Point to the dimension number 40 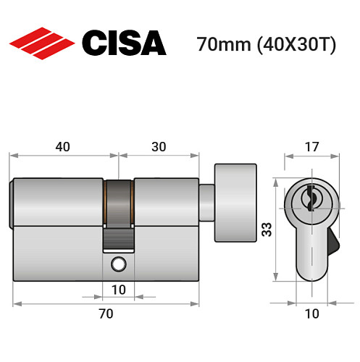click(x=62, y=146)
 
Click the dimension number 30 click(x=159, y=146)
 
